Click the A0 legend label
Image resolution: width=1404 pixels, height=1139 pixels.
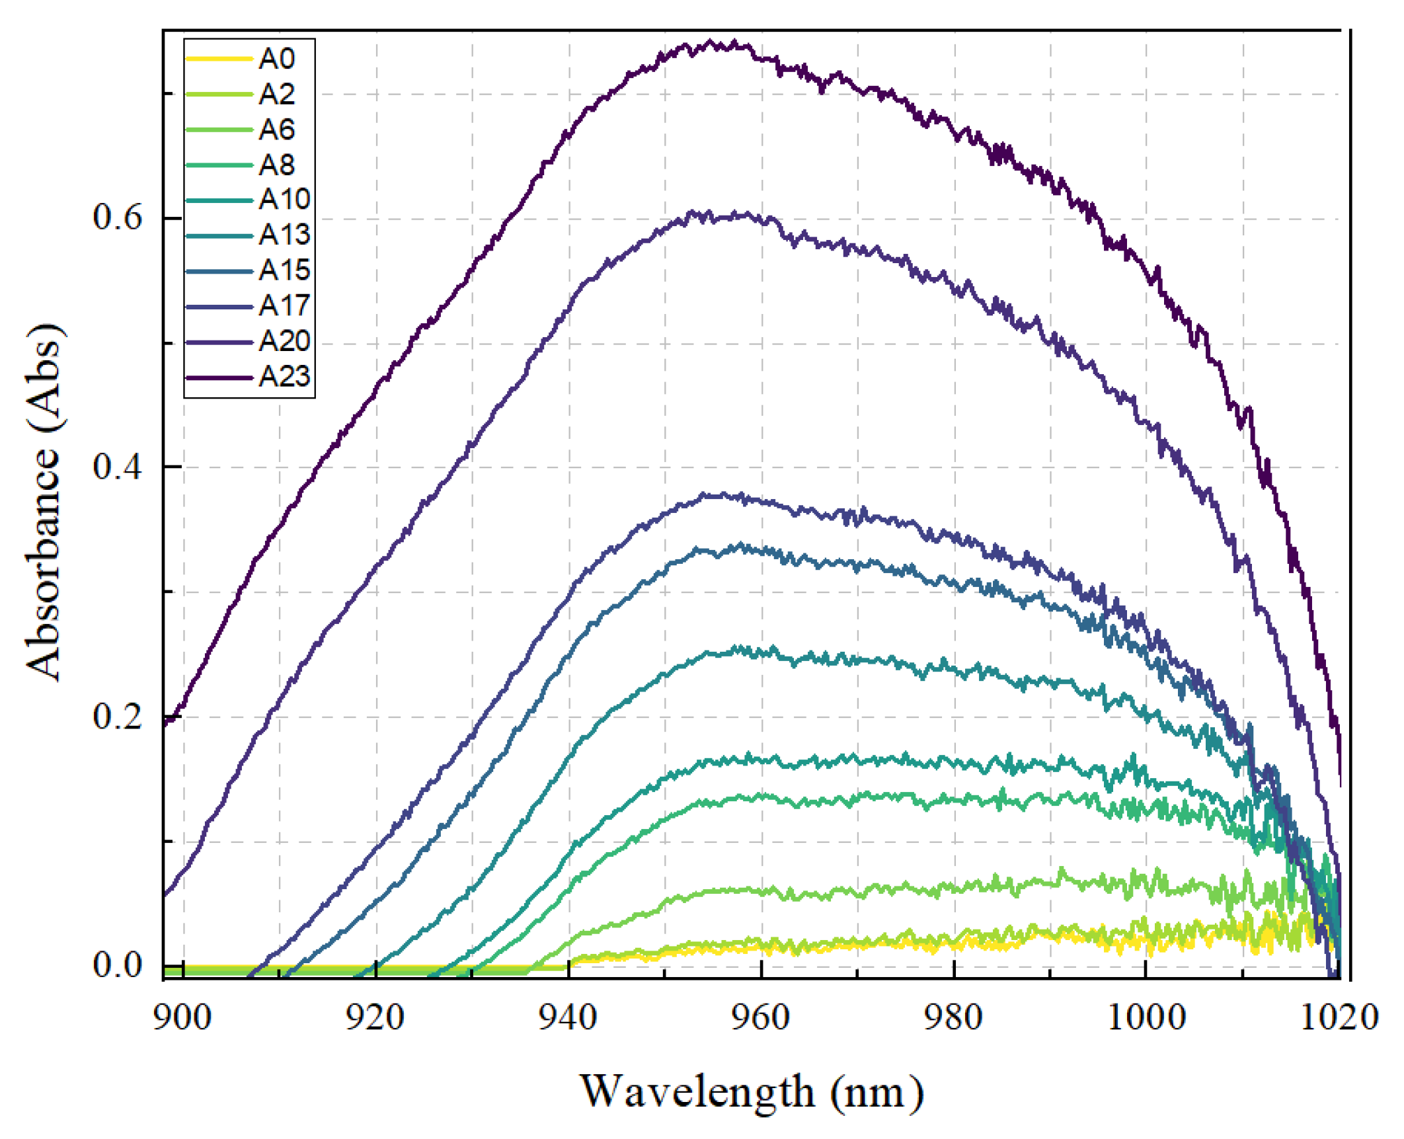coord(276,59)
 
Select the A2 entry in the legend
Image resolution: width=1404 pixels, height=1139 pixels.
coord(276,94)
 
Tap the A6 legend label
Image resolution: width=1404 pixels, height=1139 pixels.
coord(276,130)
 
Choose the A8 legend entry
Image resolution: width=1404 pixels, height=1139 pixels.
coord(276,165)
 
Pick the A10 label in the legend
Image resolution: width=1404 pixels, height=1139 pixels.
coord(284,199)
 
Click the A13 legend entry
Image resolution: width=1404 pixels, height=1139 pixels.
coord(284,235)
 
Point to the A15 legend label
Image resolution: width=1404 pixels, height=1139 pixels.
coord(284,270)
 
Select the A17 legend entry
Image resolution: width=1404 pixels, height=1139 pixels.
coord(284,305)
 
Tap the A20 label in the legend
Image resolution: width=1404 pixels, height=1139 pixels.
coord(284,341)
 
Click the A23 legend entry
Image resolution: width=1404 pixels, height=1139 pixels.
coord(284,377)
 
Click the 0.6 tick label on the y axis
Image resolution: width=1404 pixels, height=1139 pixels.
coord(118,217)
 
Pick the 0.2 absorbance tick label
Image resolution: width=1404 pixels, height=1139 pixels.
coord(118,716)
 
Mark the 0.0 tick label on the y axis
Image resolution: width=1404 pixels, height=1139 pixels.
coord(118,965)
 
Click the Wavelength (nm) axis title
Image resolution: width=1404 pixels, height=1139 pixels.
coord(752,1092)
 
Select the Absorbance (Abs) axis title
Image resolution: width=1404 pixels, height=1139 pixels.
coord(45,502)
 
